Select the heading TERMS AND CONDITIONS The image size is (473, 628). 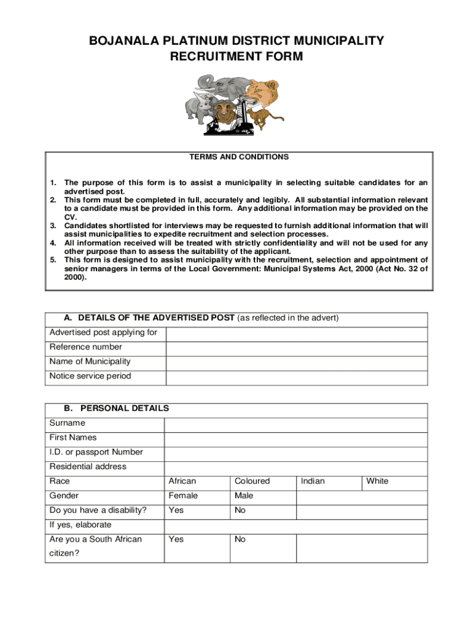pyautogui.click(x=240, y=157)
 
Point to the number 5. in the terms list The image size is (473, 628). pyautogui.click(x=53, y=260)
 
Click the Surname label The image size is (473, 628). pyautogui.click(x=68, y=423)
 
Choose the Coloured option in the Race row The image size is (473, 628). pyautogui.click(x=252, y=481)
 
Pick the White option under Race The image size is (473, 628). pyautogui.click(x=377, y=481)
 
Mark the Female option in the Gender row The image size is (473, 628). pyautogui.click(x=183, y=496)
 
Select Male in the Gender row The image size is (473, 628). pyautogui.click(x=243, y=496)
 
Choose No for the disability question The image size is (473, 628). pyautogui.click(x=240, y=510)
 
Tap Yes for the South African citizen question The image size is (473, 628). pyautogui.click(x=176, y=540)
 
